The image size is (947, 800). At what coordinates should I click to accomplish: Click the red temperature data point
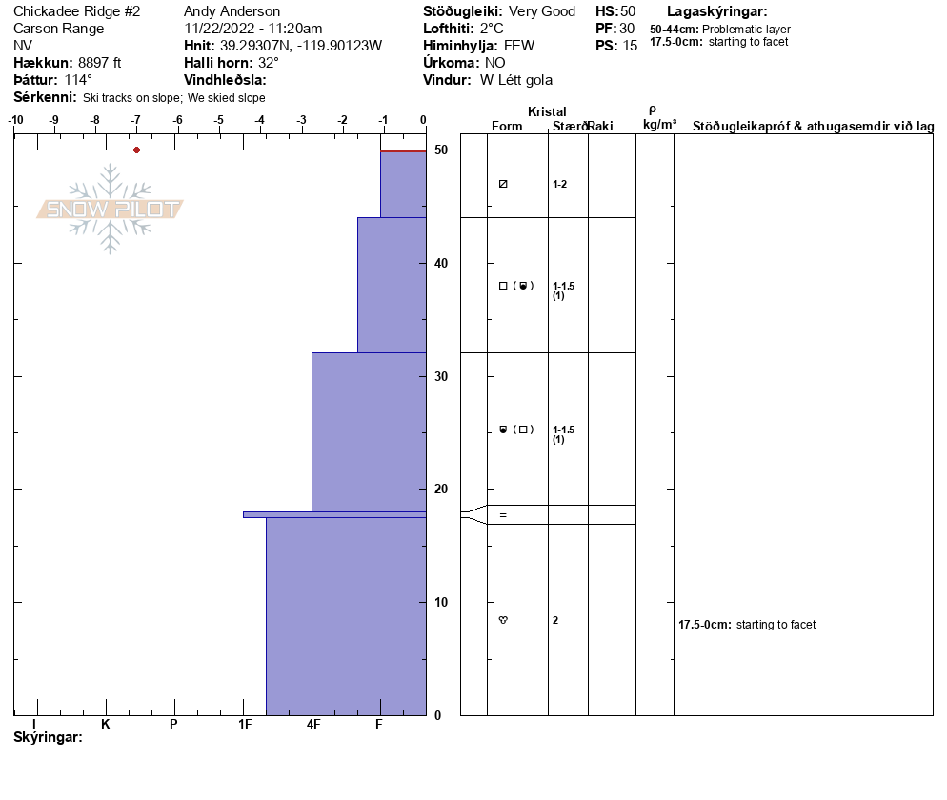[136, 150]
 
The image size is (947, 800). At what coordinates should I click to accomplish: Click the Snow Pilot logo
[111, 209]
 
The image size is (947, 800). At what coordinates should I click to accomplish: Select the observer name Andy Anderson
[232, 11]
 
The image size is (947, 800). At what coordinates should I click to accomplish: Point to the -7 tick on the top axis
[136, 121]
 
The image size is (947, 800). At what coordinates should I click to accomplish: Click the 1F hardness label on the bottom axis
[244, 725]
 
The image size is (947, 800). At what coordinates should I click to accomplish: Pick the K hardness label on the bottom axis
[106, 725]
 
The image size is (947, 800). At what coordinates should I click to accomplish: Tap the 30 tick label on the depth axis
[441, 376]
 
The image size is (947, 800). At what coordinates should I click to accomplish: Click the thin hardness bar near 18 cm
[333, 514]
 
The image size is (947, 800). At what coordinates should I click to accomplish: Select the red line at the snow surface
[403, 150]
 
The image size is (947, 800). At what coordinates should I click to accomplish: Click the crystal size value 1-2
[560, 184]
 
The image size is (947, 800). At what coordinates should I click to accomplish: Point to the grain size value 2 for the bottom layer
[555, 620]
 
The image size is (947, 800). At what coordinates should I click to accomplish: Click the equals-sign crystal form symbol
[503, 515]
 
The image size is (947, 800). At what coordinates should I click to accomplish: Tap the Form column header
[507, 127]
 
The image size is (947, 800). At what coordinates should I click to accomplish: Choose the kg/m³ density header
[659, 125]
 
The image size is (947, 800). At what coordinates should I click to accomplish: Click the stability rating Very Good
[542, 11]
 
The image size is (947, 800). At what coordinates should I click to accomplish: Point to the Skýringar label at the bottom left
[48, 738]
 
